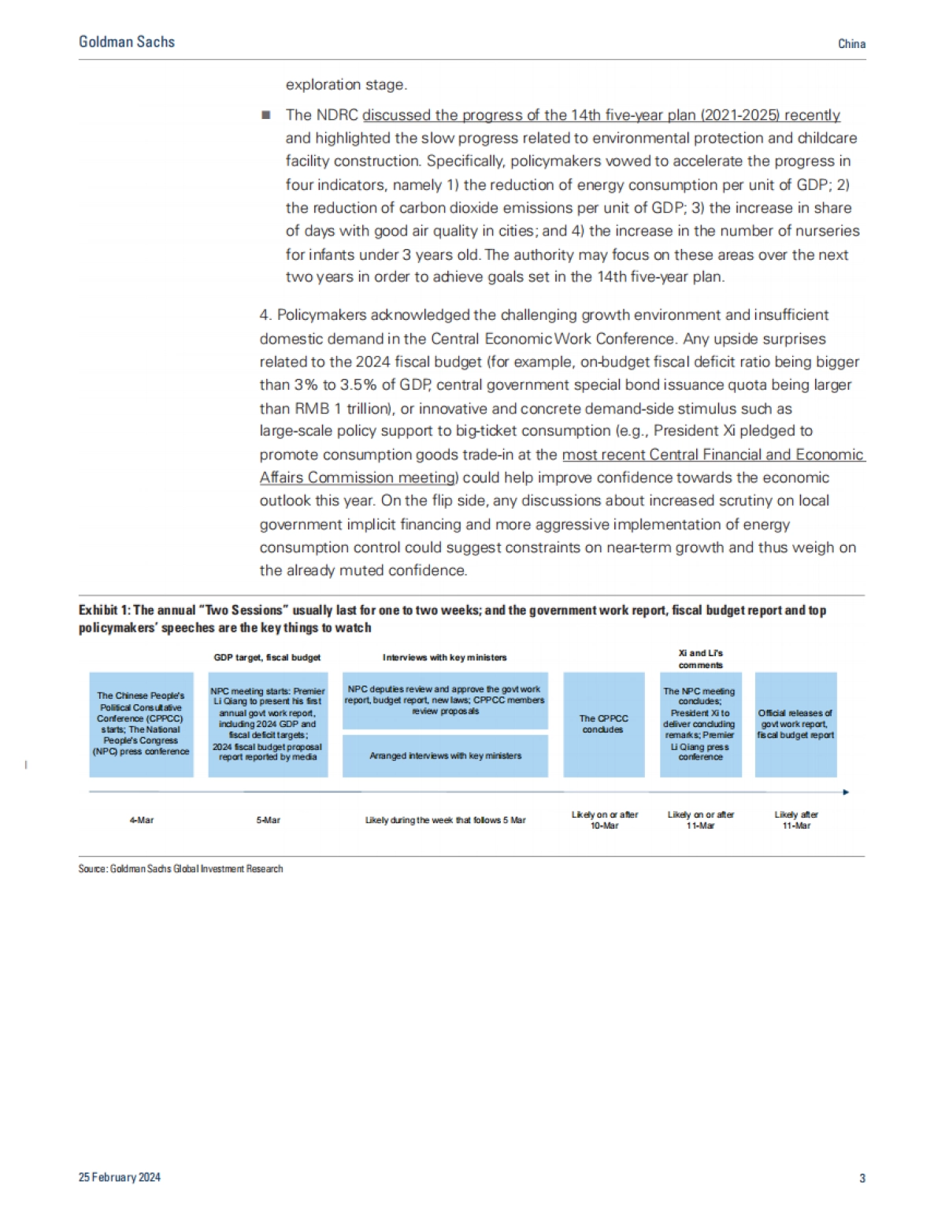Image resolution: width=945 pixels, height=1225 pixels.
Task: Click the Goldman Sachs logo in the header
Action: (127, 42)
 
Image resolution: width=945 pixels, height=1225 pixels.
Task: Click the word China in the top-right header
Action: (851, 44)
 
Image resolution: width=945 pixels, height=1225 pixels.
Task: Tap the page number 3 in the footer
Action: (862, 1178)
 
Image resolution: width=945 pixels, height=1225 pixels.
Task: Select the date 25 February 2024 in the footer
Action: (120, 1177)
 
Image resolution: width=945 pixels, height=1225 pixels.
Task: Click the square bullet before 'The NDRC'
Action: (266, 115)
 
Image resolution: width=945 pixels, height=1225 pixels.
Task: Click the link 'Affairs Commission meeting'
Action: (358, 477)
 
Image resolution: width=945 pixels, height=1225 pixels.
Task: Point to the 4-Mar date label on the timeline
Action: (142, 820)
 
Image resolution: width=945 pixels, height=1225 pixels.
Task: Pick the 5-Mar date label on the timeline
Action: (268, 820)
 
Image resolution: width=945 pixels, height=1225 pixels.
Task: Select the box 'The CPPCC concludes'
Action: (604, 724)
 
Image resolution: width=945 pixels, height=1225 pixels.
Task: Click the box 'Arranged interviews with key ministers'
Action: (445, 755)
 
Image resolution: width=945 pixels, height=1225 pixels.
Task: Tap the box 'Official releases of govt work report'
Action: (795, 724)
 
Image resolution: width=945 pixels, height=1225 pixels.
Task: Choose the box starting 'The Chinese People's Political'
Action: (141, 724)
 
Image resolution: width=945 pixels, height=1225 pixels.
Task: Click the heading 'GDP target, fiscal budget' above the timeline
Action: (267, 657)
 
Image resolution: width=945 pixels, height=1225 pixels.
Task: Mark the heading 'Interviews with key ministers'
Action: (445, 657)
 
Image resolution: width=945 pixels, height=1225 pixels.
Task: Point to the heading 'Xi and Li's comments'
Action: (700, 659)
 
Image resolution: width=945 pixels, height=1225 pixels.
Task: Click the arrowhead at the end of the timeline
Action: (846, 792)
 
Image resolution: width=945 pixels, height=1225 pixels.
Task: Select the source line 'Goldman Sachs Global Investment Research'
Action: (180, 868)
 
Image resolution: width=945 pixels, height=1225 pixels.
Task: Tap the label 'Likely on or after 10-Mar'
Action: (604, 820)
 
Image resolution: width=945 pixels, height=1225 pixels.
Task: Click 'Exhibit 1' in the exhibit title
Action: (104, 610)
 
